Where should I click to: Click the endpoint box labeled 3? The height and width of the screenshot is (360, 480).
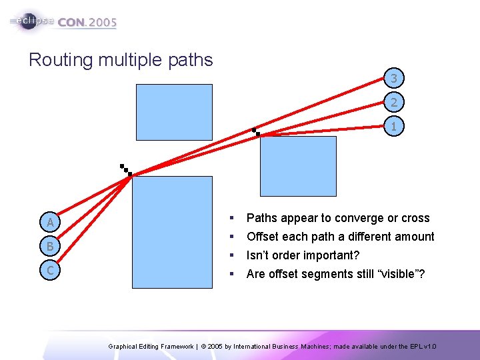[394, 79]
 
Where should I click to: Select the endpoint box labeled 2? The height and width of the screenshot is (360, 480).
[394, 103]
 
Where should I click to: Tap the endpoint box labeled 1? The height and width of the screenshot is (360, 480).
[394, 126]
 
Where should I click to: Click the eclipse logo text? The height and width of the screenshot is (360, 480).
[31, 21]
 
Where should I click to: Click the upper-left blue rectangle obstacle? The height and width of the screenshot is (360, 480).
[174, 112]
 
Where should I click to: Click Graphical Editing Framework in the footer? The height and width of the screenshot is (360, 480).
[150, 347]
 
